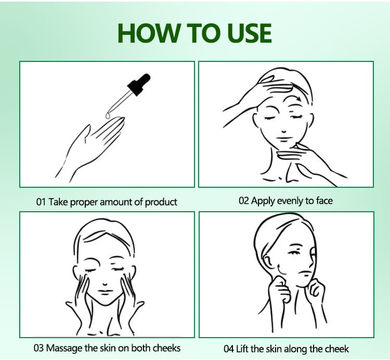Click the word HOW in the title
pyautogui.click(x=149, y=33)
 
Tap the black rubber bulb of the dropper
pyautogui.click(x=139, y=84)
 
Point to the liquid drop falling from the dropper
pyautogui.click(x=108, y=115)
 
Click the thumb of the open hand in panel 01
pyautogui.click(x=86, y=134)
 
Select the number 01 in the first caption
pyautogui.click(x=41, y=202)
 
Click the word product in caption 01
pyautogui.click(x=161, y=202)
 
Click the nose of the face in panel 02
pyautogui.click(x=283, y=130)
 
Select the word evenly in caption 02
pyautogui.click(x=291, y=201)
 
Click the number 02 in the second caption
pyautogui.click(x=244, y=200)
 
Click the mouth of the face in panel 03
pyautogui.click(x=105, y=292)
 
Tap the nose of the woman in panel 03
pyautogui.click(x=105, y=283)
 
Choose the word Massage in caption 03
pyautogui.click(x=64, y=349)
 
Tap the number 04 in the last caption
pyautogui.click(x=229, y=349)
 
